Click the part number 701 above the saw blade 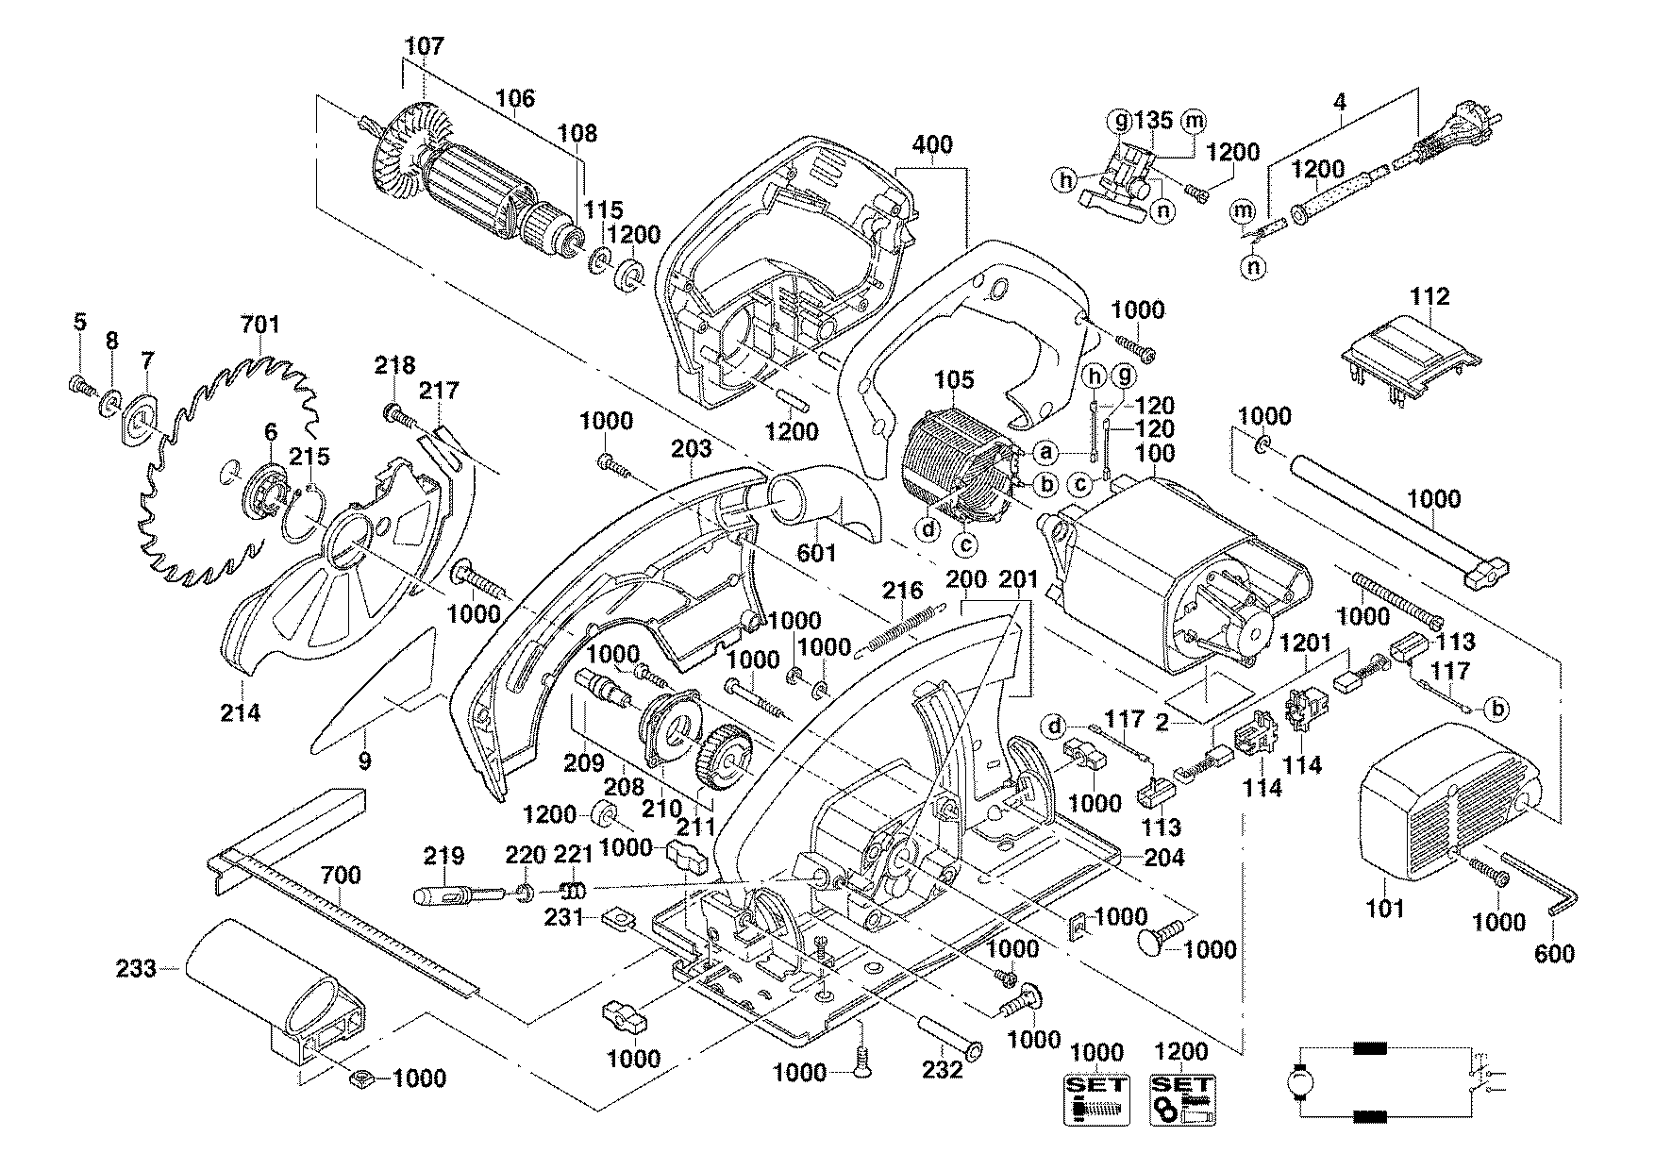coord(260,326)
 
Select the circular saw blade coord(231,472)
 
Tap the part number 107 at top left coord(424,45)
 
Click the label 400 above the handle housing coord(932,145)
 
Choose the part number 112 coord(1429,296)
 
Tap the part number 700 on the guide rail coord(340,876)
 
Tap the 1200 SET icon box coord(1181,1099)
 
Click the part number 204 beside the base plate coord(1164,858)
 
